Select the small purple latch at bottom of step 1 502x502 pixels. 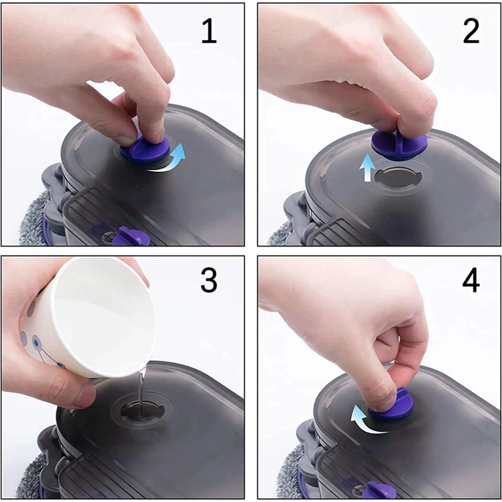click(x=128, y=237)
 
